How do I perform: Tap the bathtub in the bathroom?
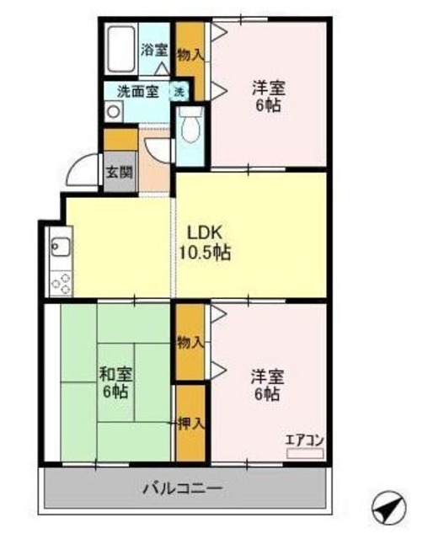pos(120,50)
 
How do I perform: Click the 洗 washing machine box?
pos(179,92)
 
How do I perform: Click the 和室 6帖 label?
pos(114,383)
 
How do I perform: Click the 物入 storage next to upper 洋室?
pos(191,55)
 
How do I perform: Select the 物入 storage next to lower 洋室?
pos(190,342)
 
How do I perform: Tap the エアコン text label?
pos(304,439)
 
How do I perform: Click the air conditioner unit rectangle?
pos(304,452)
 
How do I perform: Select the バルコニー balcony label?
pos(182,488)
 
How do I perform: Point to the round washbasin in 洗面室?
pos(113,111)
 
